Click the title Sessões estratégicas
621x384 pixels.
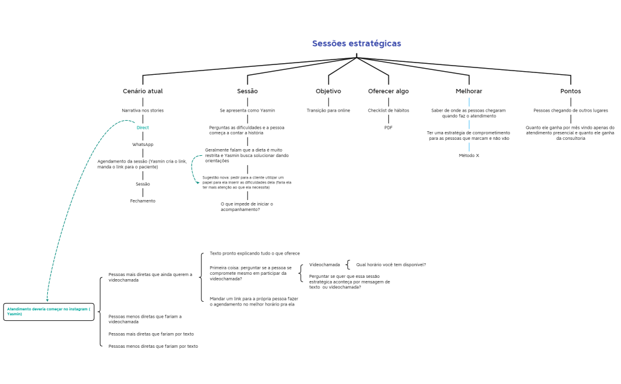[x=357, y=44]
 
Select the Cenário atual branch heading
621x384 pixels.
[x=142, y=91]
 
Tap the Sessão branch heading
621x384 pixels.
[x=247, y=91]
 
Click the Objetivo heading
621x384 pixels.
[x=328, y=91]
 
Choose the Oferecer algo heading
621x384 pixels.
[x=388, y=91]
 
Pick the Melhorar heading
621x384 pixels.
[x=469, y=91]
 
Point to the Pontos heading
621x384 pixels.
[x=571, y=91]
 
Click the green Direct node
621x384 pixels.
[x=142, y=128]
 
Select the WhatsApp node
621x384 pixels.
[x=142, y=145]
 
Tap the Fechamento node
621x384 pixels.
[x=142, y=201]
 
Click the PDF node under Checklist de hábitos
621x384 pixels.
[x=388, y=128]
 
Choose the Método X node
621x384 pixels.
[x=469, y=156]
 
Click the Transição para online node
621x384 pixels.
[x=328, y=110]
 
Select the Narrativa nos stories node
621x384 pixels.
[x=142, y=110]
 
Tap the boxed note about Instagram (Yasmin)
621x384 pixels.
[x=48, y=312]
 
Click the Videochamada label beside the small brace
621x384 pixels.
[x=325, y=264]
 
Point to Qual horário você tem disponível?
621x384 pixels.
[x=391, y=264]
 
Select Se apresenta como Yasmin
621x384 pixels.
[x=247, y=110]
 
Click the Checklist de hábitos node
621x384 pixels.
[x=388, y=110]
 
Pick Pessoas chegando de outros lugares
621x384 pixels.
[x=571, y=110]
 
